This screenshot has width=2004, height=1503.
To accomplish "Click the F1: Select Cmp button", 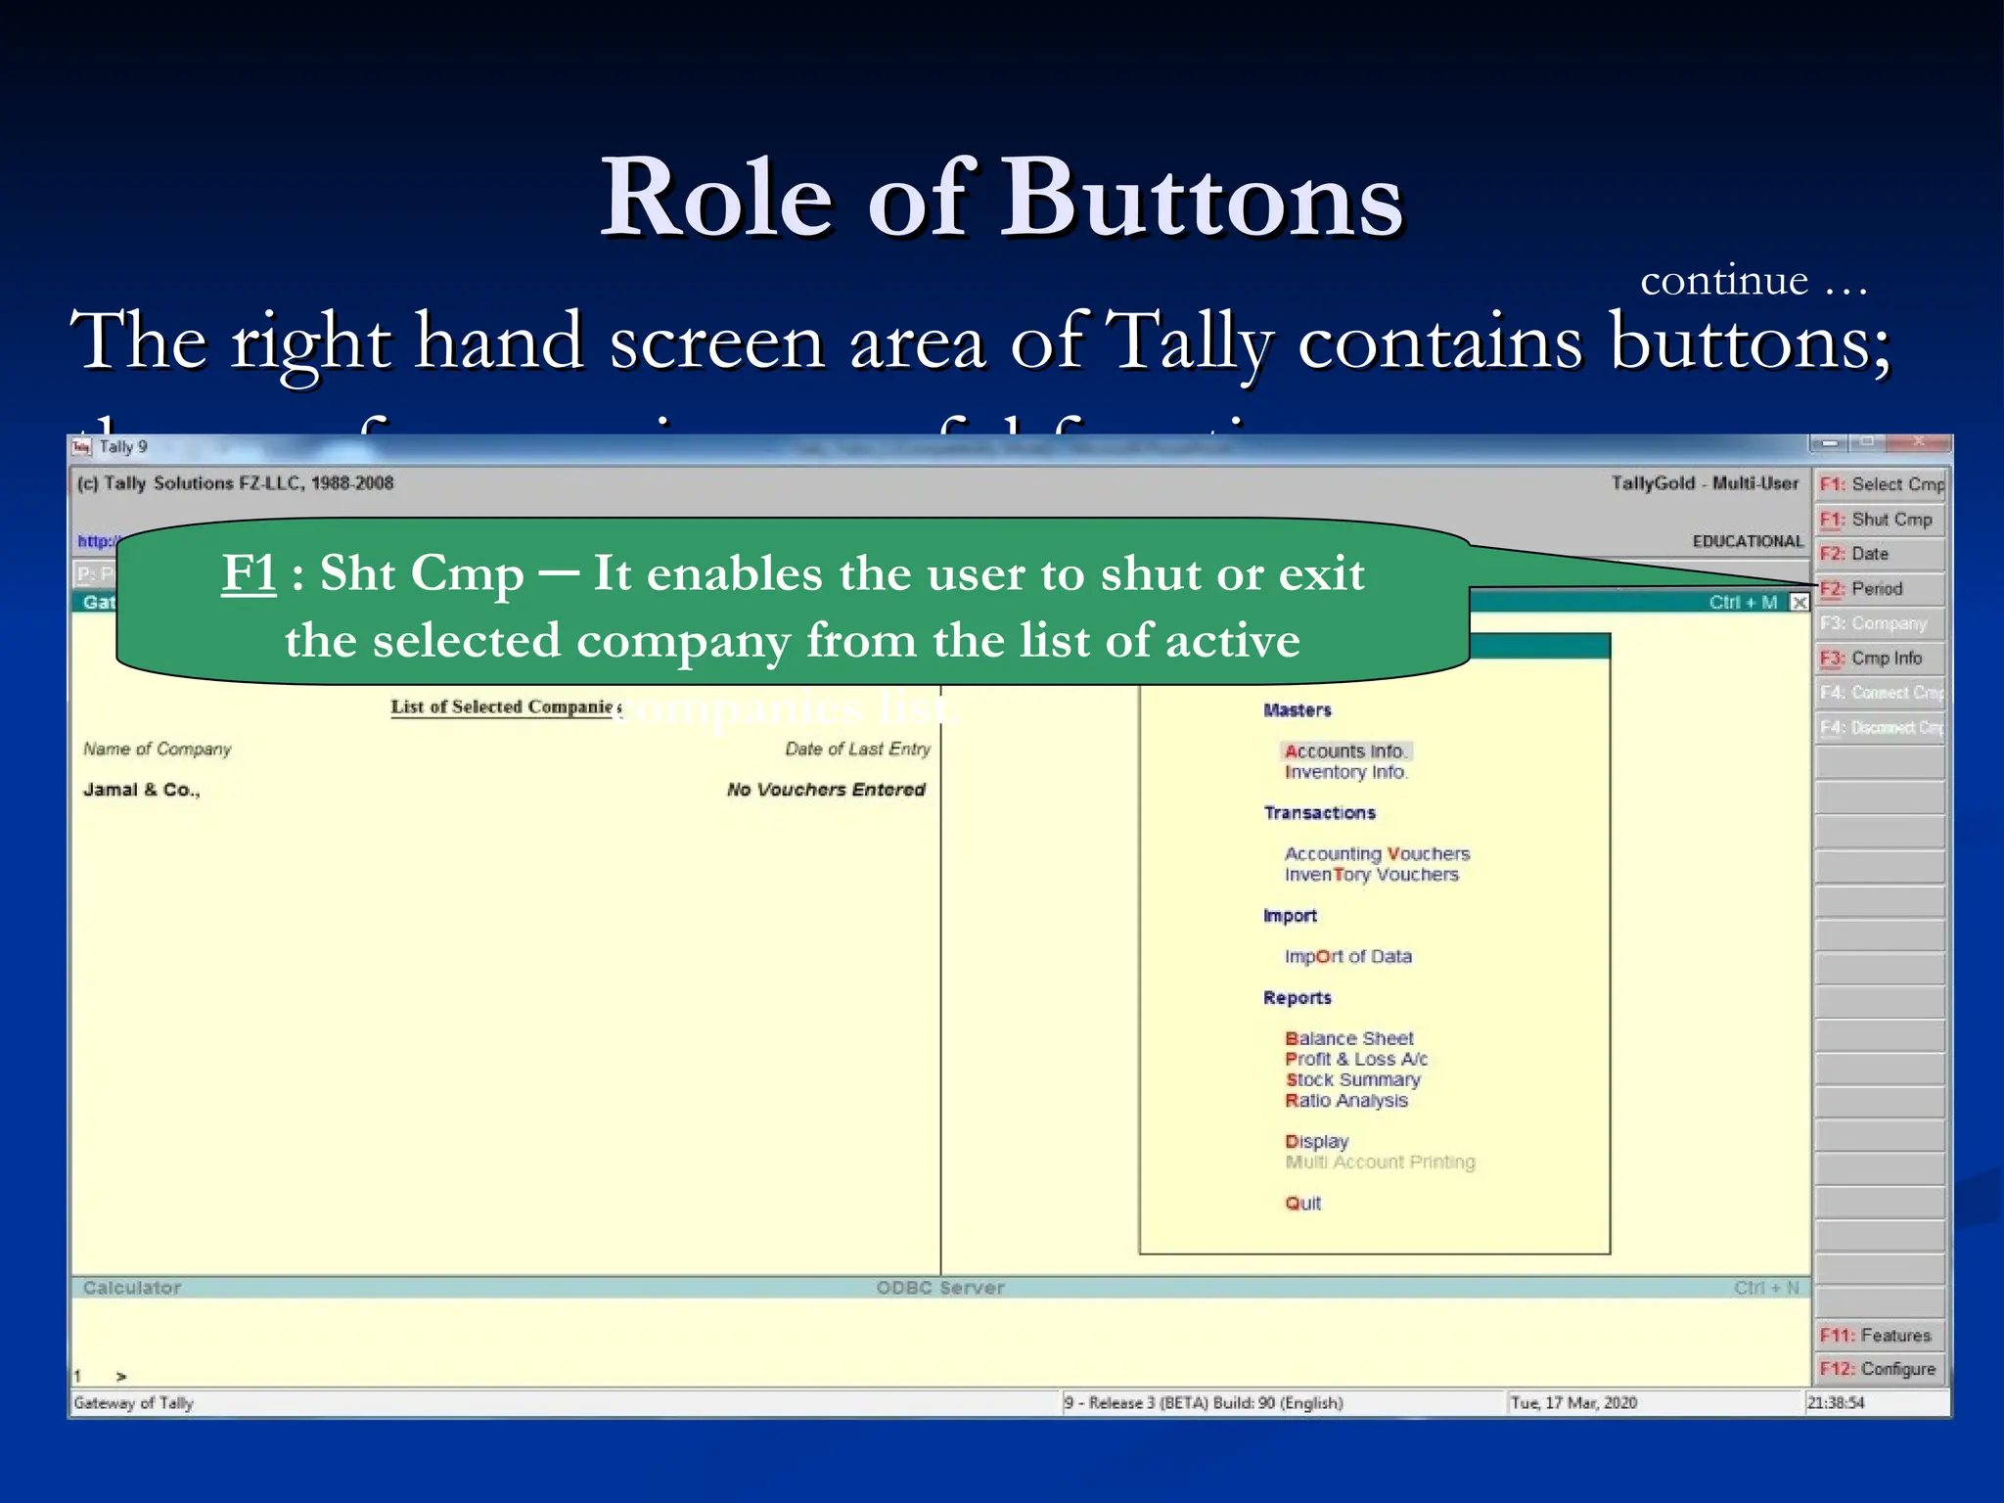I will [x=1880, y=484].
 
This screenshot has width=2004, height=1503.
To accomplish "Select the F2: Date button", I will [x=1880, y=554].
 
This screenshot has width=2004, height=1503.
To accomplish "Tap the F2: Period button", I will [x=1880, y=588].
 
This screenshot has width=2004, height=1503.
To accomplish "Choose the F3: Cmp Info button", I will [x=1880, y=658].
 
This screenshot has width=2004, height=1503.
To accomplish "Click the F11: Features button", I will [x=1878, y=1335].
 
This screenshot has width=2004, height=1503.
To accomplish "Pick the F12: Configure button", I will [x=1878, y=1369].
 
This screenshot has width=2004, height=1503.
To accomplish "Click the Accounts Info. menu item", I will [x=1345, y=751].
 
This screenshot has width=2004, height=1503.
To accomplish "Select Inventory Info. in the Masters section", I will [x=1345, y=772].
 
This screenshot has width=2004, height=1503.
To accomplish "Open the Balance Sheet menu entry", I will [x=1348, y=1038].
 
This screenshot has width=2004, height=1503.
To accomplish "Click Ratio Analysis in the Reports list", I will [x=1345, y=1100].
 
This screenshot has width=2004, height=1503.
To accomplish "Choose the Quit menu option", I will [x=1302, y=1203].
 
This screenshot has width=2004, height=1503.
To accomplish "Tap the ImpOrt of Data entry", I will [x=1347, y=956].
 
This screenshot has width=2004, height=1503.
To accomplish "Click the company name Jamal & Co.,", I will [x=142, y=790].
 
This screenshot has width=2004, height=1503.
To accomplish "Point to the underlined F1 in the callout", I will [x=249, y=572].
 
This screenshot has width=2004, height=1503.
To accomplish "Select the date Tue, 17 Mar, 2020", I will [x=1573, y=1402].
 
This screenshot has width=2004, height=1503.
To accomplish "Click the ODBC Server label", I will [x=940, y=1288].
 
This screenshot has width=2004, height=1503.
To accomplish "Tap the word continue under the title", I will [x=1723, y=281].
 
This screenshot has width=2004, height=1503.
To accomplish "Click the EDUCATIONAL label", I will [x=1747, y=541].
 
